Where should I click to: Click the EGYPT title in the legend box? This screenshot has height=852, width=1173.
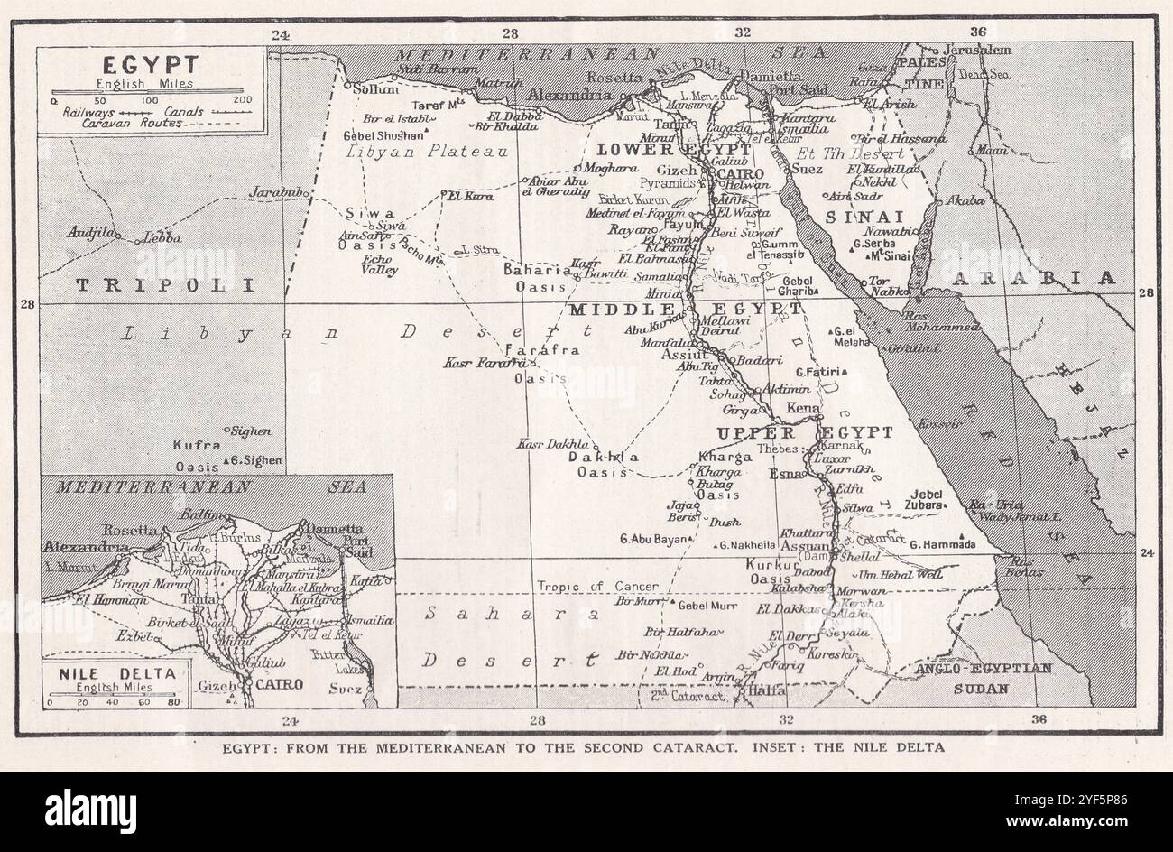pos(151,65)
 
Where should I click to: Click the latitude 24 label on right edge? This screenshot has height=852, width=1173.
pos(1147,553)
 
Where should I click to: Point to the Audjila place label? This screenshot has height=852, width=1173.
pos(92,233)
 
